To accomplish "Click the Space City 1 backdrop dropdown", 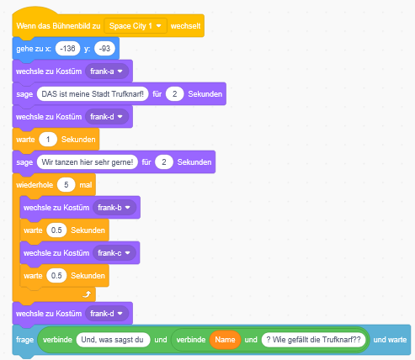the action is tap(136, 26).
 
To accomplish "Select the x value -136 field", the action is tap(67, 49).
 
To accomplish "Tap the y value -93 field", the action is tap(104, 49).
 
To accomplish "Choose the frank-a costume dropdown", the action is tap(107, 71).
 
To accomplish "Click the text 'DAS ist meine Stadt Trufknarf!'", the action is tap(93, 94).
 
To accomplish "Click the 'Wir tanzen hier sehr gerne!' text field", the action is tap(88, 162).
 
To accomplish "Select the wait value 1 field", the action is tap(48, 140).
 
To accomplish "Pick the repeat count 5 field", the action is tap(67, 185).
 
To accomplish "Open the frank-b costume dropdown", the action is tap(114, 208).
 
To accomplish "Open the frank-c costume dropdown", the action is tap(114, 253).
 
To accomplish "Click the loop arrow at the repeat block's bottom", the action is tap(87, 294).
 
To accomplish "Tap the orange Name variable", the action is tap(225, 340).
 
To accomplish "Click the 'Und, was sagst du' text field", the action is tap(113, 340).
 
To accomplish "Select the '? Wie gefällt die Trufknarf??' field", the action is tap(313, 340).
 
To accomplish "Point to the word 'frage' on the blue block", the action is tap(24, 340).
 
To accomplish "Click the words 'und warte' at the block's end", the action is tap(390, 340).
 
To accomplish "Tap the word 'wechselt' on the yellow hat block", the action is tap(185, 26).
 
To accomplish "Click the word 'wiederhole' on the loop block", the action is tap(35, 185).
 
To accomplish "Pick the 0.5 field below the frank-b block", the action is tap(56, 230).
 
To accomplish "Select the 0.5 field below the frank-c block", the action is tap(56, 276).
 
